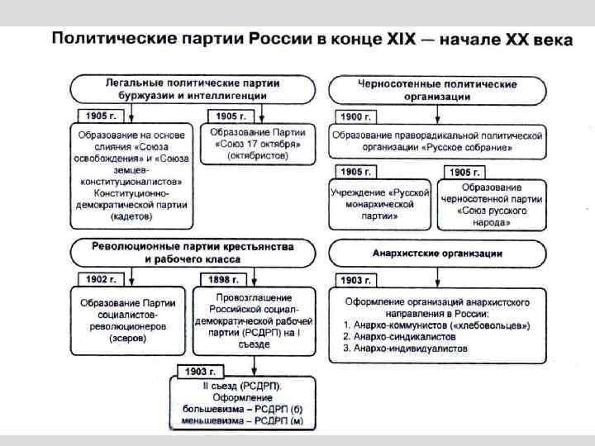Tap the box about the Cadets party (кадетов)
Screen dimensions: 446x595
click(x=132, y=173)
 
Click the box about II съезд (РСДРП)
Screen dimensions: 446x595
click(x=242, y=402)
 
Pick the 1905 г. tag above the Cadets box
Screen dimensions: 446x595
click(x=101, y=116)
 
